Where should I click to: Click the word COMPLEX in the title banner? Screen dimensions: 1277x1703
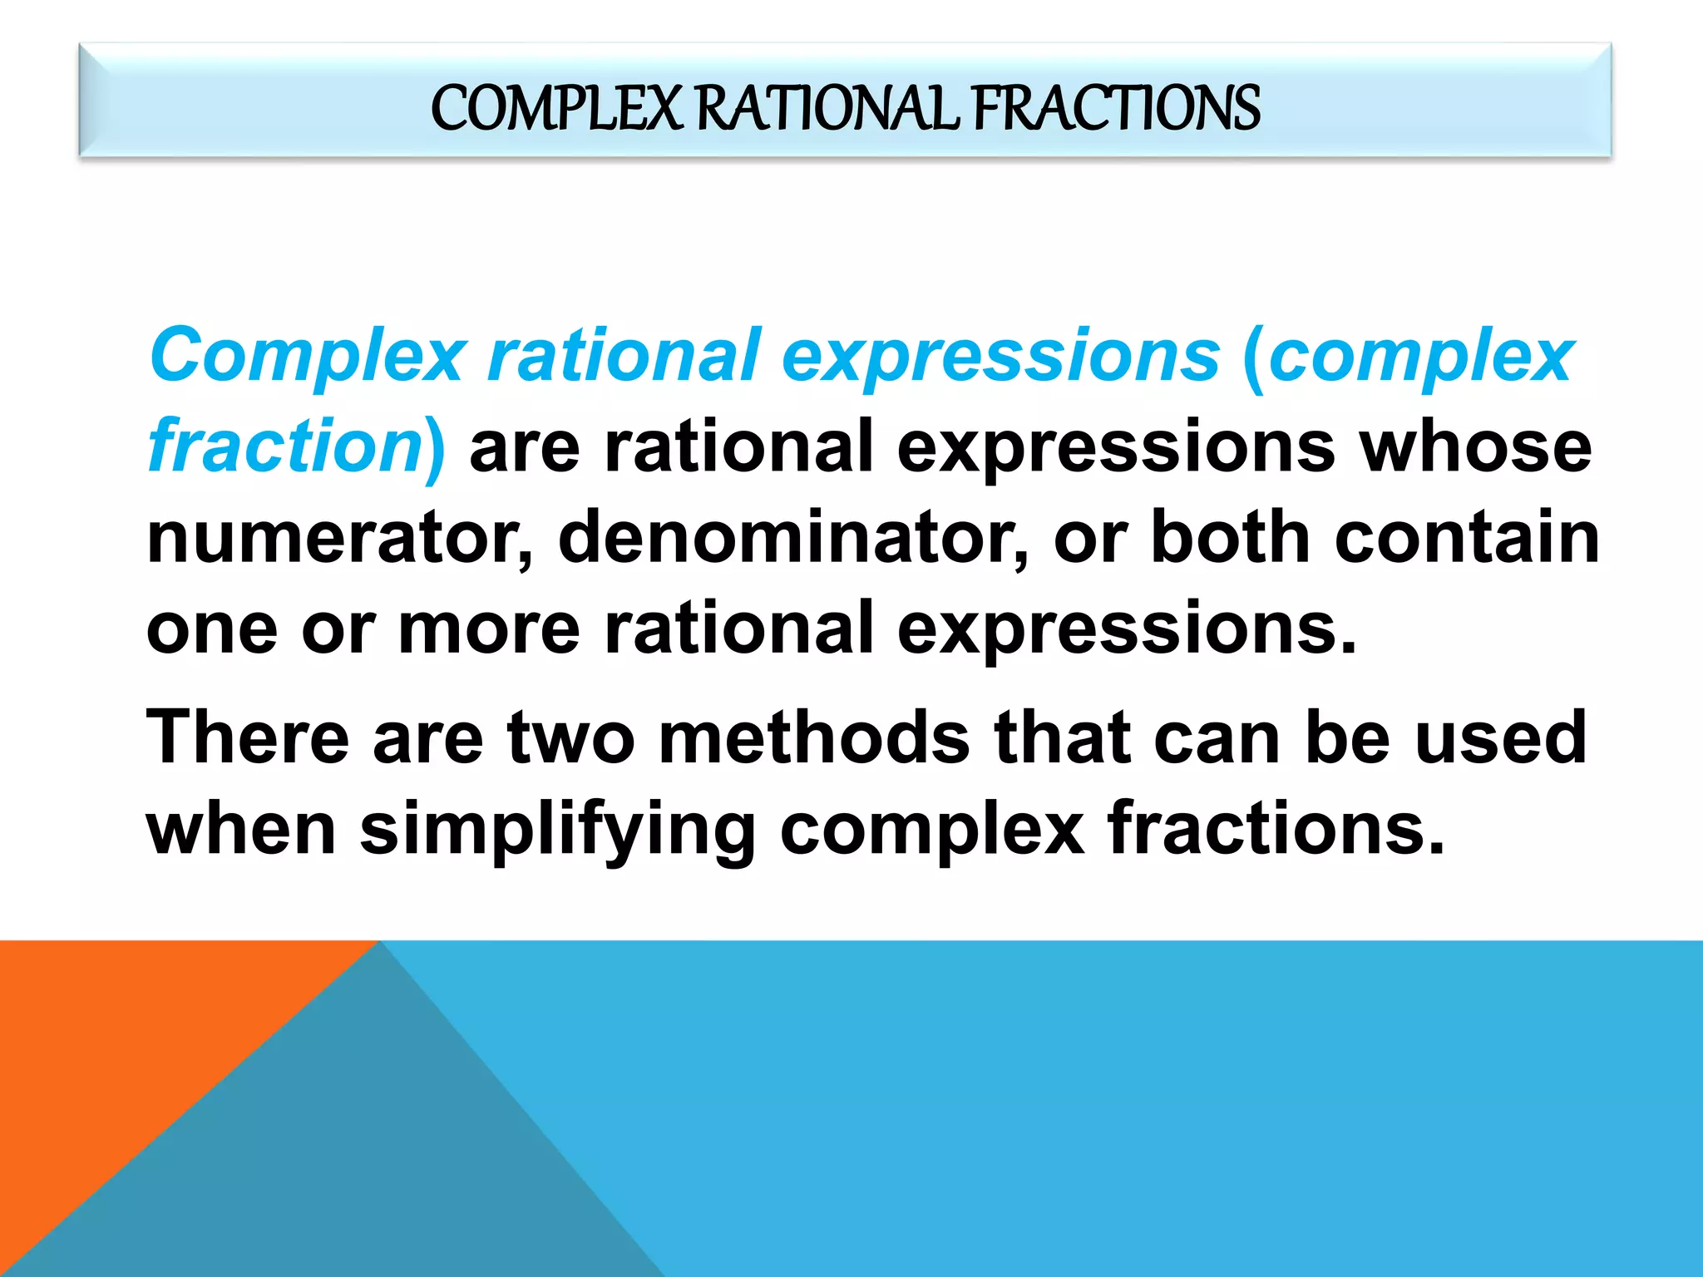[x=555, y=109]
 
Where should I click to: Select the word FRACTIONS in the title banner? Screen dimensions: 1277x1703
[x=1116, y=109]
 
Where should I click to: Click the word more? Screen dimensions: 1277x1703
[x=489, y=629]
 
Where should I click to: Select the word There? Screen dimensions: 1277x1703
[x=248, y=738]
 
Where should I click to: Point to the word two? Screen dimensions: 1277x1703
[x=572, y=738]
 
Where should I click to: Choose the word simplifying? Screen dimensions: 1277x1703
[x=557, y=830]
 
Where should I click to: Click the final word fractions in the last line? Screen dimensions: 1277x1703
[x=1276, y=830]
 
